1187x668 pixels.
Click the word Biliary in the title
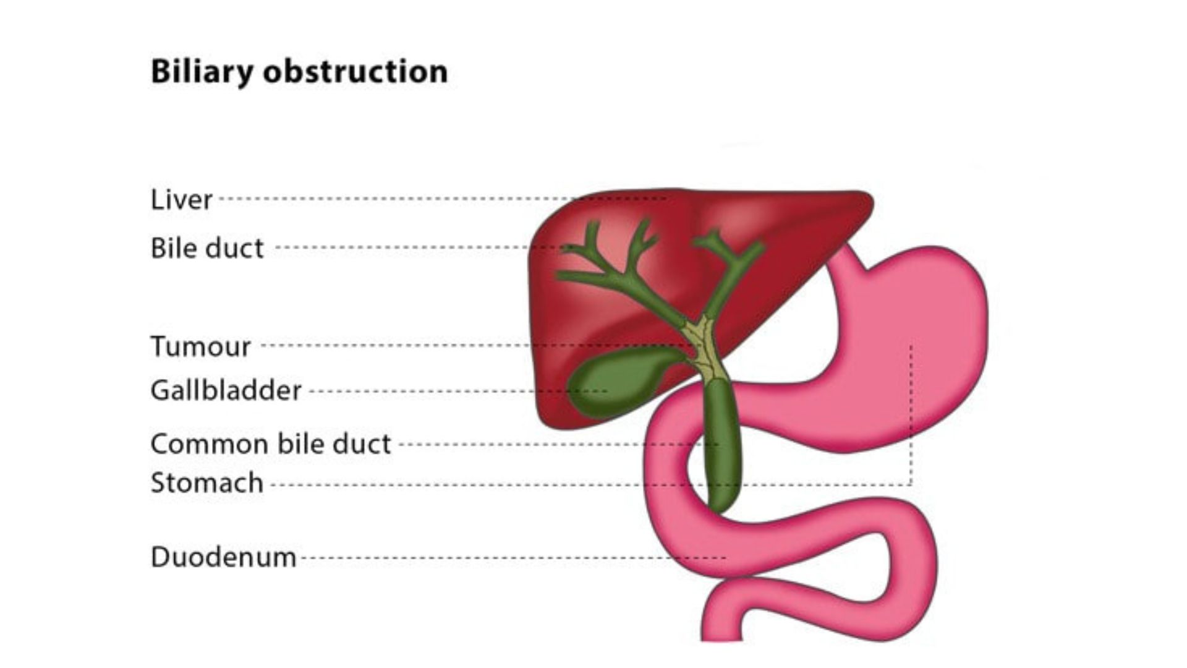click(202, 72)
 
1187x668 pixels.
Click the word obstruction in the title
click(355, 71)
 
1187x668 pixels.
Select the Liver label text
click(181, 199)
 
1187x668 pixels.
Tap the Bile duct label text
click(207, 248)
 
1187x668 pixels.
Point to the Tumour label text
click(201, 346)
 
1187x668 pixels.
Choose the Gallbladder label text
click(226, 390)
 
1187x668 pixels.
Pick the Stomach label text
click(207, 483)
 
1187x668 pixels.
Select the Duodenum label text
click(223, 557)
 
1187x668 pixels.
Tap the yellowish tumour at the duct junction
click(705, 349)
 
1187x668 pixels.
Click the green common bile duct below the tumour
click(722, 445)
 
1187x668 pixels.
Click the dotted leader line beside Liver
click(443, 199)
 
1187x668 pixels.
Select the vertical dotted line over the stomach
click(911, 414)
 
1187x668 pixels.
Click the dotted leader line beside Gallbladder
click(457, 391)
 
